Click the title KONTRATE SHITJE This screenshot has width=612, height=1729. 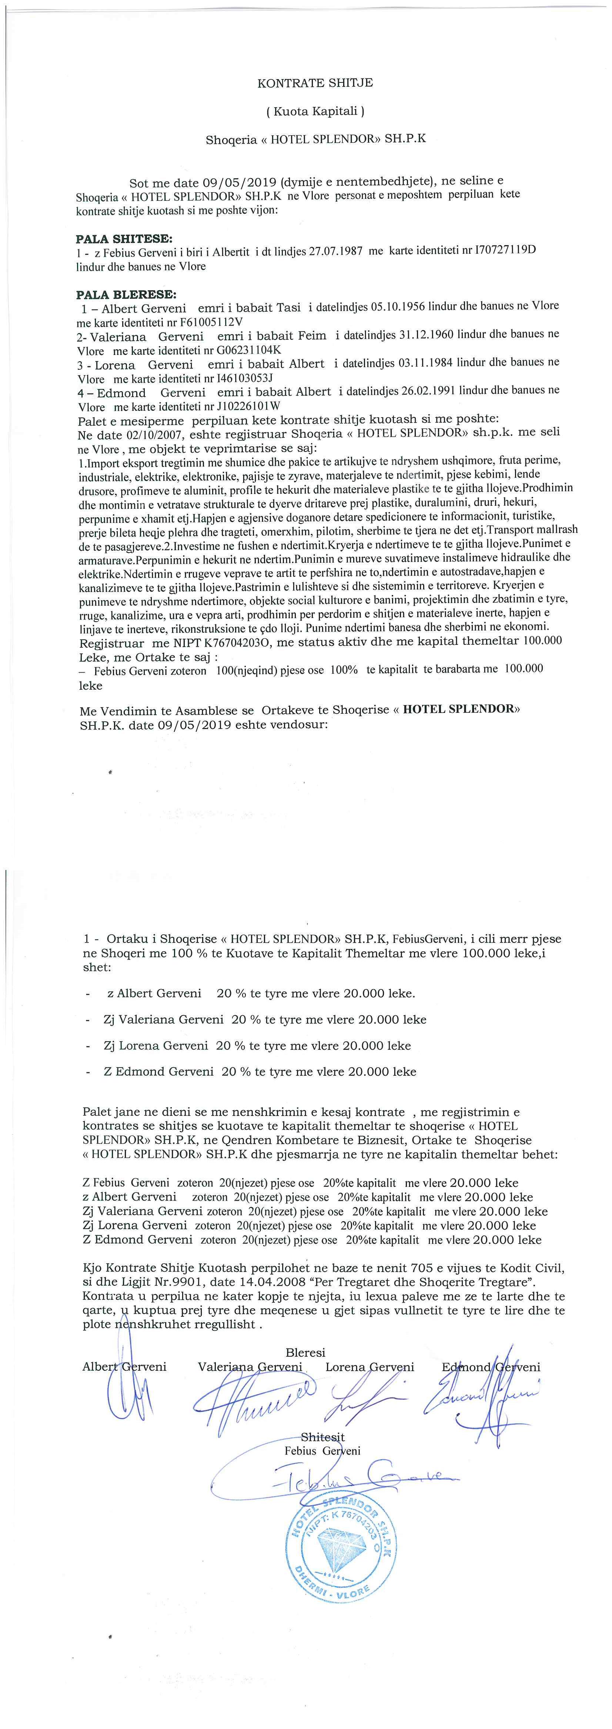click(315, 83)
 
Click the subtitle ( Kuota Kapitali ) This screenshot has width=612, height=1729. click(315, 111)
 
